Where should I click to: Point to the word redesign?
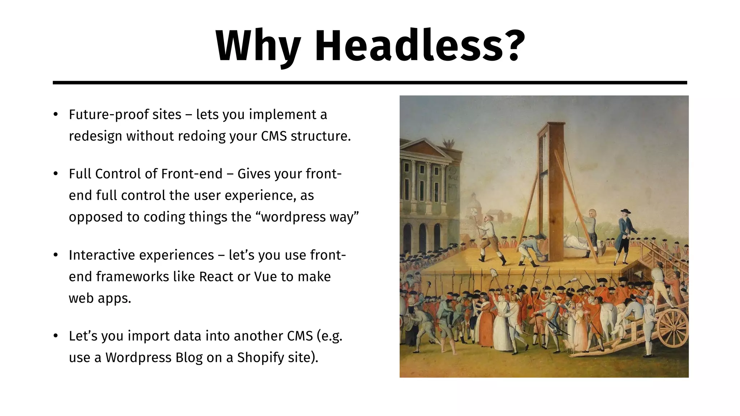click(95, 136)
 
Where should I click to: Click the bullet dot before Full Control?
click(55, 174)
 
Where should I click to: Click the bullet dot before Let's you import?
click(55, 336)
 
